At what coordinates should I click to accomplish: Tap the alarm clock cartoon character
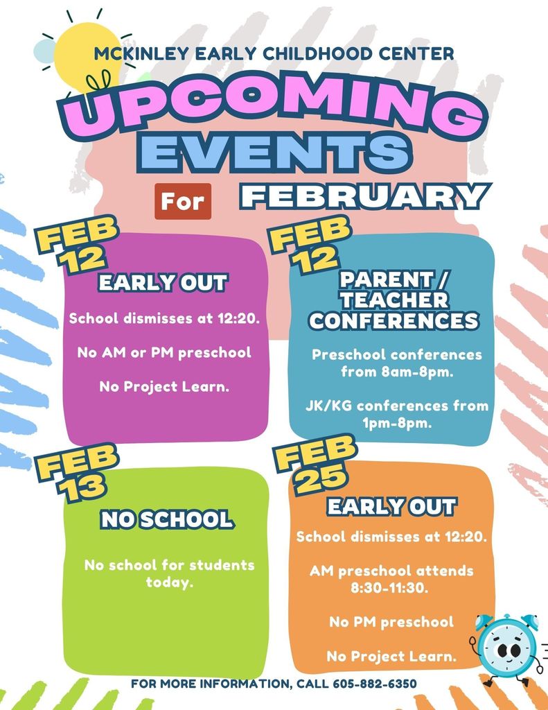click(508, 648)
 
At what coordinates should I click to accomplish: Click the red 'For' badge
click(183, 201)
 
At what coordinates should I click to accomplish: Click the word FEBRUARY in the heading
click(364, 196)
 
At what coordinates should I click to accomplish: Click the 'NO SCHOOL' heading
click(166, 519)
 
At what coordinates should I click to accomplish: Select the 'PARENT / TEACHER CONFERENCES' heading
click(394, 300)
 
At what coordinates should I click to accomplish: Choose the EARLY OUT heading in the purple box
click(163, 283)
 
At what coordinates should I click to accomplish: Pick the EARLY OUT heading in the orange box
click(391, 506)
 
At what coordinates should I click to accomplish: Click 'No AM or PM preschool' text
click(164, 353)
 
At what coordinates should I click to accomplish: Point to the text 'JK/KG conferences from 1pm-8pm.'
click(397, 415)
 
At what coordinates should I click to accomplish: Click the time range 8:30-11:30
click(391, 588)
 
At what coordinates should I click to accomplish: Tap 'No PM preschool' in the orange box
click(391, 622)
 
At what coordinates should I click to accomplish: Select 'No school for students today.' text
click(170, 573)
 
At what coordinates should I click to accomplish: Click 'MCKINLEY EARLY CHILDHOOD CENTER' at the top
click(276, 53)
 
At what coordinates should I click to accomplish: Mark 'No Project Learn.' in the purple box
click(164, 386)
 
